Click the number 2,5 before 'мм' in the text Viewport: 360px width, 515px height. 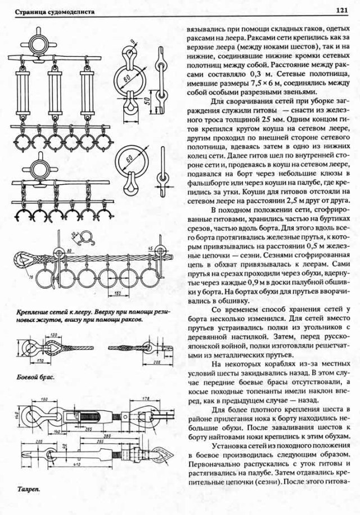(x=267, y=119)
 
